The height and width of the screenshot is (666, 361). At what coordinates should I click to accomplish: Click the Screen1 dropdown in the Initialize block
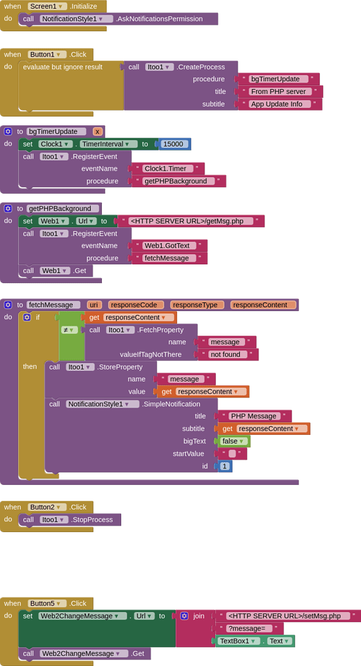click(x=47, y=7)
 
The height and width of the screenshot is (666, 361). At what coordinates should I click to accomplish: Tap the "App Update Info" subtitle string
click(x=280, y=104)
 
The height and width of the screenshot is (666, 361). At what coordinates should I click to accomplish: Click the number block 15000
click(x=173, y=144)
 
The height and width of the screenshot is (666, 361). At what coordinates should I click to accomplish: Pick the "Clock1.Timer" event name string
click(x=169, y=168)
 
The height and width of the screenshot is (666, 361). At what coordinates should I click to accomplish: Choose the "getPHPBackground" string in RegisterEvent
click(x=179, y=181)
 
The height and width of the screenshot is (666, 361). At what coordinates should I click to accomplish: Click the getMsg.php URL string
click(x=191, y=221)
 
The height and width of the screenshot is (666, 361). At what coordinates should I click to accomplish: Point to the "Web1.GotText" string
click(x=170, y=246)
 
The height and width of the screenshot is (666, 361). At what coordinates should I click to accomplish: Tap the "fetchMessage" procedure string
click(x=170, y=258)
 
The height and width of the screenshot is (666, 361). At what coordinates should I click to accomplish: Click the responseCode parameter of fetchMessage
click(x=136, y=304)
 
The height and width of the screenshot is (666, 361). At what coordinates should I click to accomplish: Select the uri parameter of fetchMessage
click(x=95, y=304)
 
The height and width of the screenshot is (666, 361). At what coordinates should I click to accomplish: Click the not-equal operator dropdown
click(x=70, y=330)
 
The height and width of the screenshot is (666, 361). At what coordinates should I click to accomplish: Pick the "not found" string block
click(x=228, y=354)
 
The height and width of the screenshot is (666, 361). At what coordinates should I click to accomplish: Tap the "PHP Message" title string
click(x=254, y=416)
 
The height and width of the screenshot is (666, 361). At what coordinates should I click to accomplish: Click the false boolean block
click(x=232, y=441)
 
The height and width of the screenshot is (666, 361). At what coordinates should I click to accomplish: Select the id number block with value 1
click(x=224, y=466)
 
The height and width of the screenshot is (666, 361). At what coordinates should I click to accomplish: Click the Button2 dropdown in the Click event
click(x=47, y=507)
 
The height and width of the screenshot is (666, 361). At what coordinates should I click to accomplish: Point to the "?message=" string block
click(x=249, y=628)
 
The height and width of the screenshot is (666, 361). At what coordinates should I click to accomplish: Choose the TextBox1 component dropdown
click(x=238, y=641)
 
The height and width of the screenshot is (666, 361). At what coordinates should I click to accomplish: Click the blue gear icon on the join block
click(x=184, y=616)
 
